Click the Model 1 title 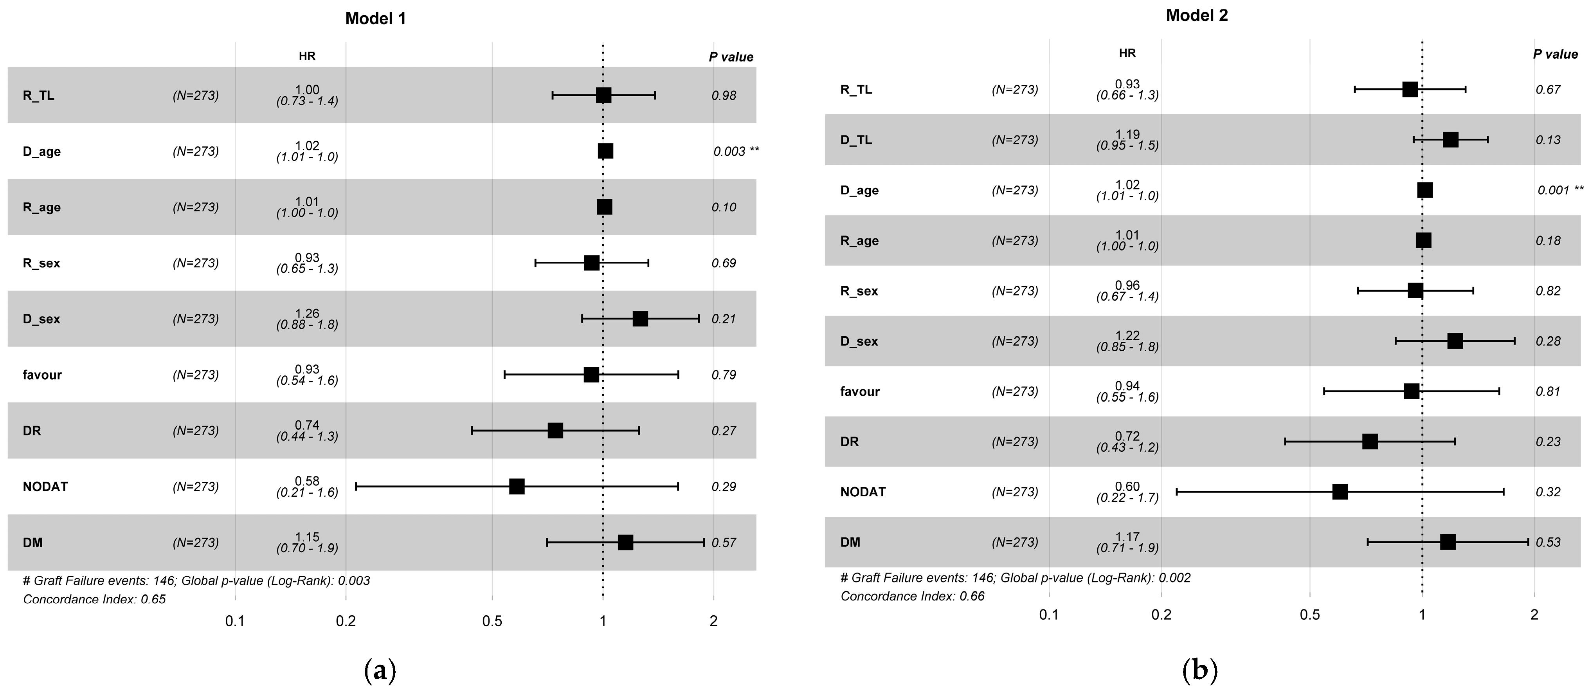[375, 18]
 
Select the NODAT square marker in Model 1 [517, 487]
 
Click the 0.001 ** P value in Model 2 [1560, 190]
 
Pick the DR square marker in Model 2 [1370, 442]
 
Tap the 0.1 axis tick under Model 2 [1049, 615]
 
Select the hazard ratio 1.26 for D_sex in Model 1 [307, 314]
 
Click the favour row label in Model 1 [42, 375]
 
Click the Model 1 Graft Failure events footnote [196, 580]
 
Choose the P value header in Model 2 [1555, 54]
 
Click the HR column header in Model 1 [307, 56]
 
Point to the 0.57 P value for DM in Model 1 [724, 543]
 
